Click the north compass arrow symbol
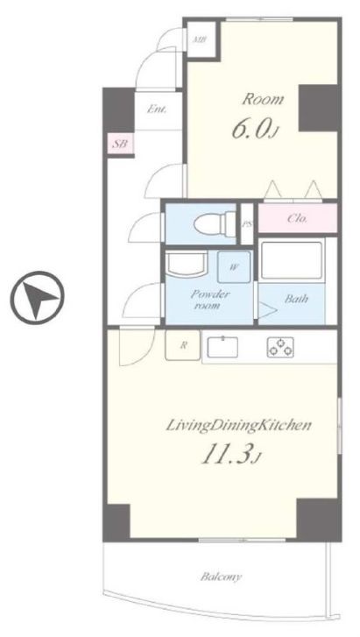(37, 295)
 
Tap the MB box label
(200, 39)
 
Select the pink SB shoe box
(120, 144)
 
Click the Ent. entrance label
(157, 109)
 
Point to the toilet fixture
(213, 223)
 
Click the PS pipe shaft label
(247, 224)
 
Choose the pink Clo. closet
(298, 218)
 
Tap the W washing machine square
(233, 267)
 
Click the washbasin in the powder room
(187, 264)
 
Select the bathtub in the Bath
(292, 260)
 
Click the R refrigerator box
(183, 345)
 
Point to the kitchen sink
(222, 348)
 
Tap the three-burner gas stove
(280, 347)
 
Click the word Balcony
(221, 577)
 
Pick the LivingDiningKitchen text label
(239, 425)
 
